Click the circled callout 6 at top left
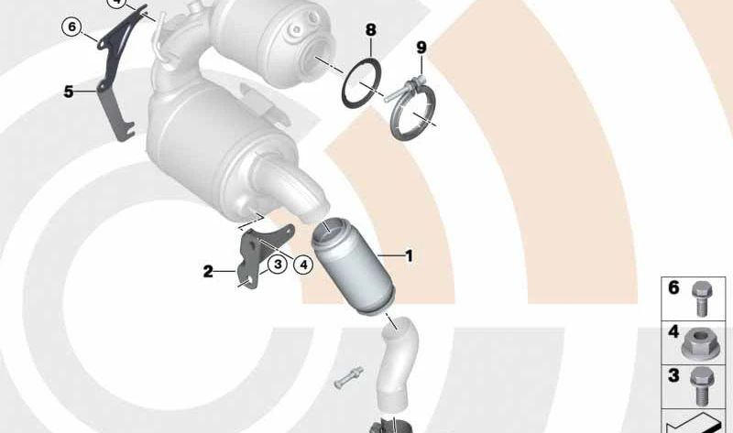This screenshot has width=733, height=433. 71,27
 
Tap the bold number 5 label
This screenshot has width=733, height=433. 69,92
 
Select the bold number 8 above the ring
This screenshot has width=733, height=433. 370,30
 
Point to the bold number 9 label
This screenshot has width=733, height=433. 421,48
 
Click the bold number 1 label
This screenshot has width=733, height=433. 409,256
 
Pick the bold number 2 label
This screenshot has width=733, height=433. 208,271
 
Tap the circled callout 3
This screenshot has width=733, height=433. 278,265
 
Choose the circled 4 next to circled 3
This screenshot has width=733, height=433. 303,265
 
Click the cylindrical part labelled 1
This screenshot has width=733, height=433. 354,266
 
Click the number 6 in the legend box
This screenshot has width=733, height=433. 673,287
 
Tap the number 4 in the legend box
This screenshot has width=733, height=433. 673,331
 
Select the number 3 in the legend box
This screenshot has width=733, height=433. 673,375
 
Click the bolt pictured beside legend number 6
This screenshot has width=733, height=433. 701,299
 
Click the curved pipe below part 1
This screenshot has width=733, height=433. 398,364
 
